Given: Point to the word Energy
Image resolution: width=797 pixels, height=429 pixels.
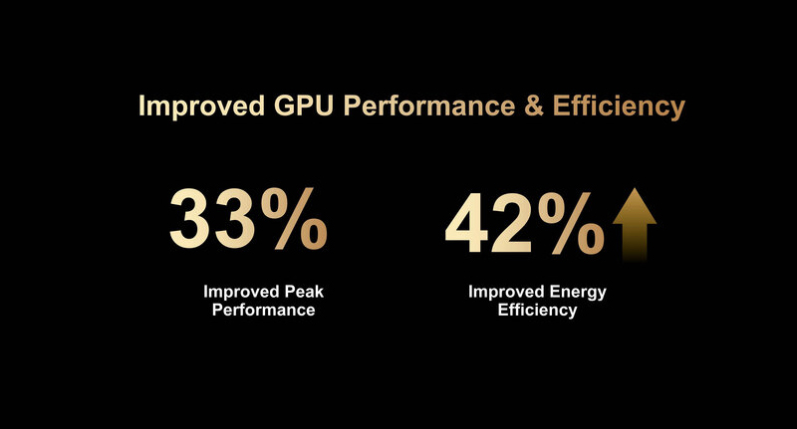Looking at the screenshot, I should point(578,293).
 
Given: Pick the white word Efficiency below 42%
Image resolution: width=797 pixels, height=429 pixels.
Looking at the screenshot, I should point(538,311).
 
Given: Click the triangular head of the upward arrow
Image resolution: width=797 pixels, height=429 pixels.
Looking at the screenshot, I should point(634,207).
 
